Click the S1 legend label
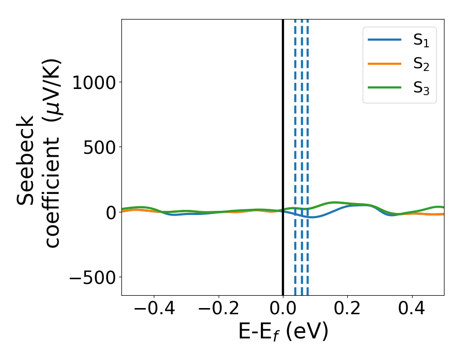[421, 41]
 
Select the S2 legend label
[421, 64]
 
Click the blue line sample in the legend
[384, 40]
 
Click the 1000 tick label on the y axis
[93, 82]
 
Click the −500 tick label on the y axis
[93, 277]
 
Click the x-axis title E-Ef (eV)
[283, 332]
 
